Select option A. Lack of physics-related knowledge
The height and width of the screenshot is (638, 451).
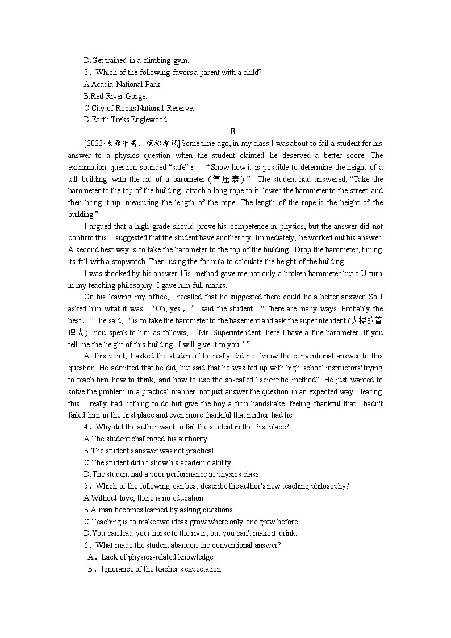pyautogui.click(x=151, y=557)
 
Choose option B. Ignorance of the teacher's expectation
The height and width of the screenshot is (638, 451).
pyautogui.click(x=154, y=569)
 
